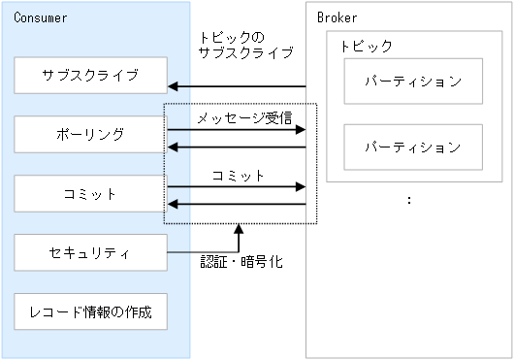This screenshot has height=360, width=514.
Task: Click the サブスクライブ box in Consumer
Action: click(90, 75)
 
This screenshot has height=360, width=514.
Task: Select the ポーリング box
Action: click(90, 135)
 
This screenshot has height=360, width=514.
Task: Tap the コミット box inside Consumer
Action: click(90, 194)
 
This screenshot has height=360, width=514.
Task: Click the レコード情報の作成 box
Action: click(90, 312)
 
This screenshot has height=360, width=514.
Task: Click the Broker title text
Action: click(337, 18)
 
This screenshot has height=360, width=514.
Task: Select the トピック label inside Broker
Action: click(367, 47)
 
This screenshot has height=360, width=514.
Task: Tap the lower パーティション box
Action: click(413, 147)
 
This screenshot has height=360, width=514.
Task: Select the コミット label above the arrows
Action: click(238, 176)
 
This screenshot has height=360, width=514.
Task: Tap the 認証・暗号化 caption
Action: click(241, 262)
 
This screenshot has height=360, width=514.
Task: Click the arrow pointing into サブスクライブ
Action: click(237, 85)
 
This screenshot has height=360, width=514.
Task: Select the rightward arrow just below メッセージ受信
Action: click(237, 129)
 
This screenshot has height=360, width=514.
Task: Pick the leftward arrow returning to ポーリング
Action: click(237, 147)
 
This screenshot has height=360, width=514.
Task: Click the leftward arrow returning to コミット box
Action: click(237, 205)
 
